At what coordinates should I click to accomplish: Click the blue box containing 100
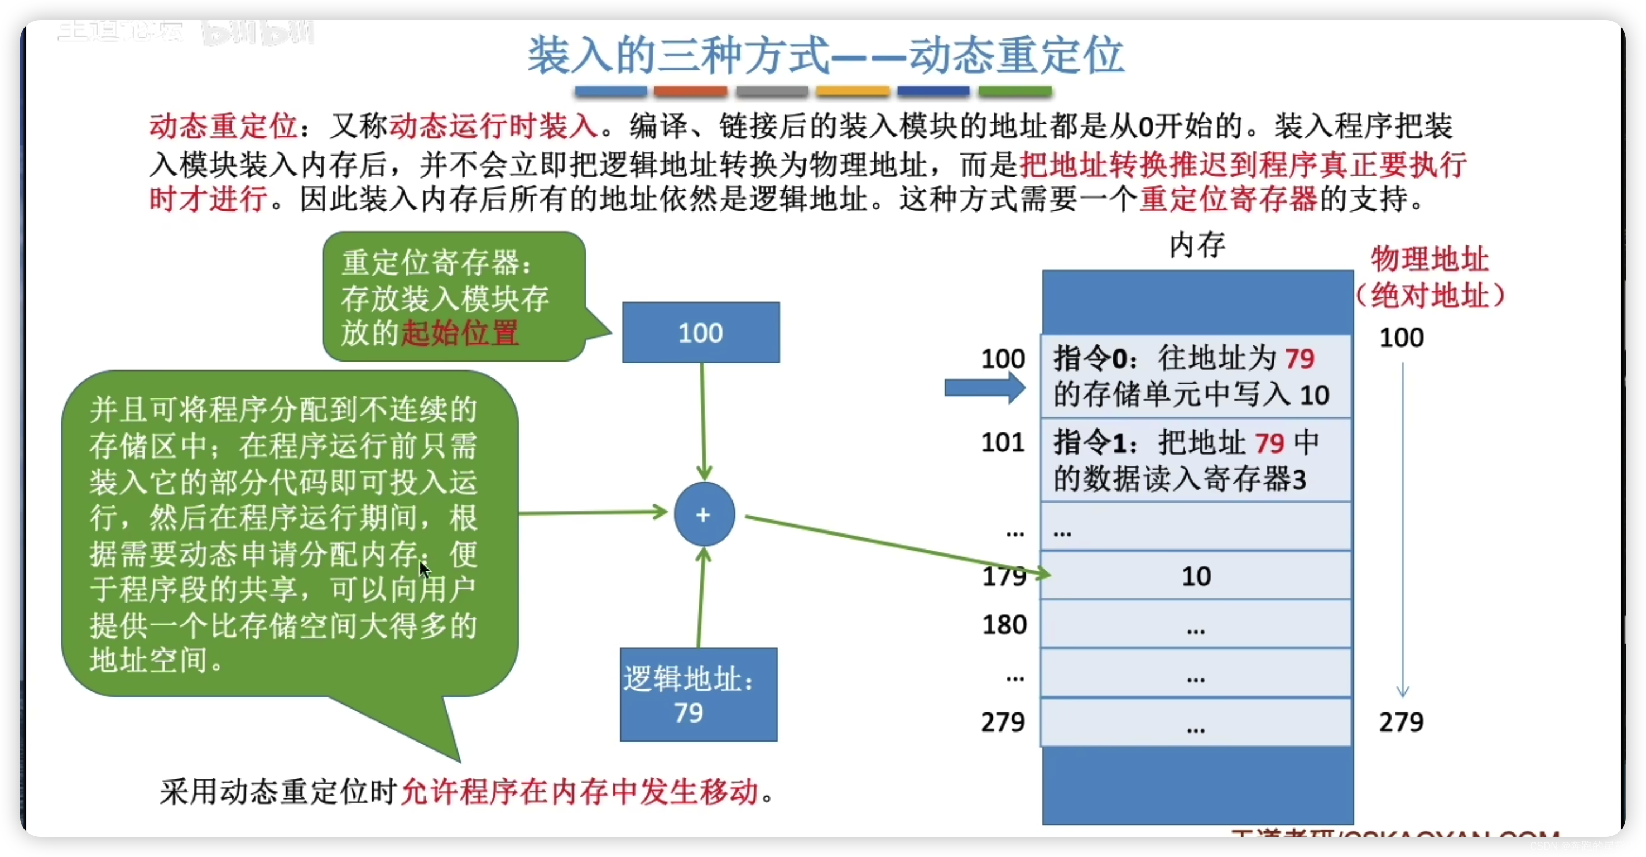(700, 333)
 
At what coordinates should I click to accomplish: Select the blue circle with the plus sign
(704, 514)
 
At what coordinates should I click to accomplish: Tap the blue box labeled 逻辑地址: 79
(699, 695)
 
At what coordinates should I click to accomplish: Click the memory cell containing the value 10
(1196, 576)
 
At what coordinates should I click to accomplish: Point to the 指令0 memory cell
(1196, 377)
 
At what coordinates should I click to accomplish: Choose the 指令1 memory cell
(1196, 460)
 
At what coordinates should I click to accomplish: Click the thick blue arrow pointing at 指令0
(985, 387)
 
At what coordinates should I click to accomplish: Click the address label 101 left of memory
(1003, 442)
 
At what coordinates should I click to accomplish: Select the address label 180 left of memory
(1004, 624)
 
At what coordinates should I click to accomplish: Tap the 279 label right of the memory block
(1400, 721)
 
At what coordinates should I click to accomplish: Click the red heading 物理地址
(1430, 259)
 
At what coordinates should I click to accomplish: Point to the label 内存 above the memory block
(1197, 245)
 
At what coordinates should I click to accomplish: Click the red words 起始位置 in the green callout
(459, 333)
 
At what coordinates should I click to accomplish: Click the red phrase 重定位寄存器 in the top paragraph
(1228, 199)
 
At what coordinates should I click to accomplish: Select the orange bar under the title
(853, 92)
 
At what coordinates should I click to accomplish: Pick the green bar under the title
(1015, 92)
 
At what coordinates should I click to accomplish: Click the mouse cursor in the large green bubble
(423, 568)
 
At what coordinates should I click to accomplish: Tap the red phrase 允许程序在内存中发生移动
(579, 792)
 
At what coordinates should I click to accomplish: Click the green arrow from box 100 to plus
(703, 422)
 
